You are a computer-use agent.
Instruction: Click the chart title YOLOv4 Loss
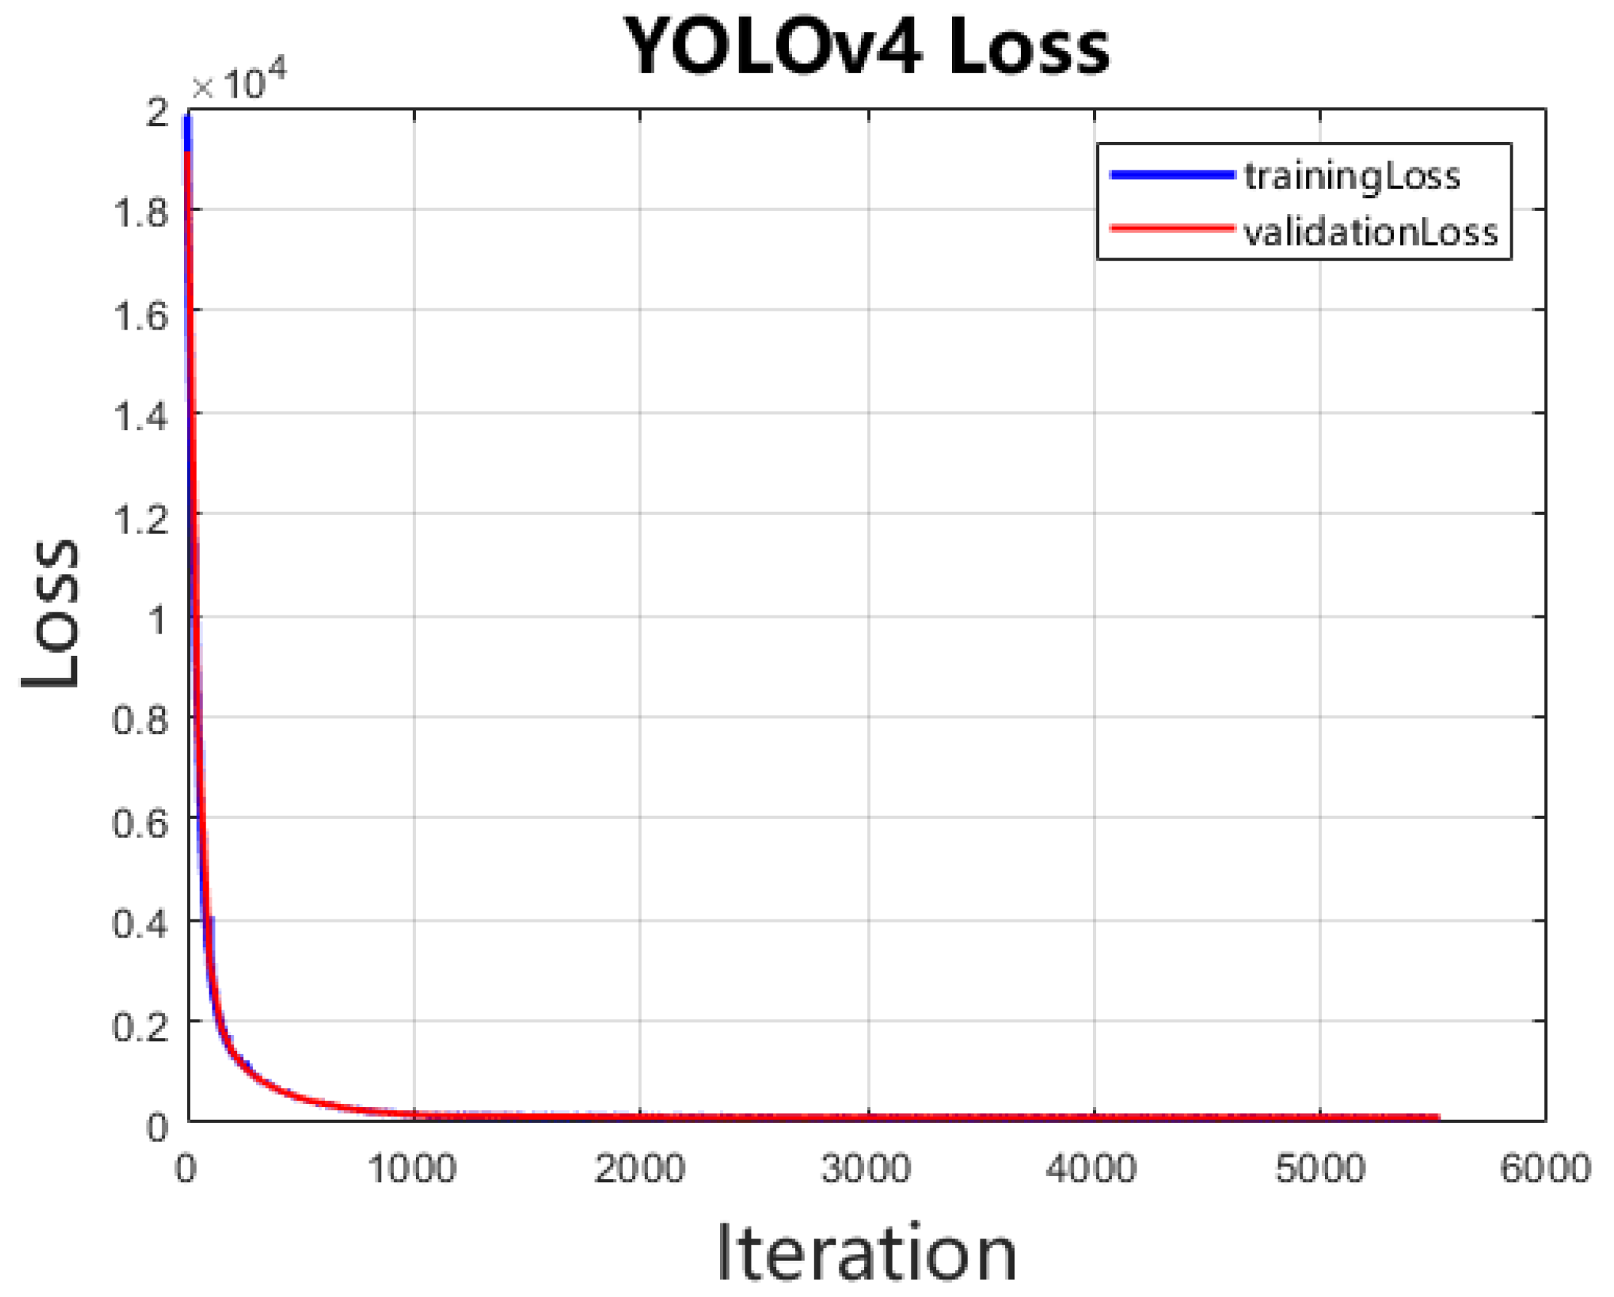866,47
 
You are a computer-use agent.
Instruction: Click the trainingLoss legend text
1352,176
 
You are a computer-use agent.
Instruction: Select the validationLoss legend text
1370,231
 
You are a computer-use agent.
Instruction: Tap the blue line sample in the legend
1172,175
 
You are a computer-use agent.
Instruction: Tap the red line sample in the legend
1172,228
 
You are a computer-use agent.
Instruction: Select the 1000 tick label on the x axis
412,1169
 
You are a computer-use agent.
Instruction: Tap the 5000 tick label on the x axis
1320,1169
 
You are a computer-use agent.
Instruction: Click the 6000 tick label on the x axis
1545,1169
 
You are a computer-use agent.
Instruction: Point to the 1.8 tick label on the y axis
140,212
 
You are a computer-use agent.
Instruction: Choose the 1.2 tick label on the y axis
140,518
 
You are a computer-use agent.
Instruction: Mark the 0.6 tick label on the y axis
140,823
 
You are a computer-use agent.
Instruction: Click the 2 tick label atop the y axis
158,113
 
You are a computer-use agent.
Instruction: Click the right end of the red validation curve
1437,1118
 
